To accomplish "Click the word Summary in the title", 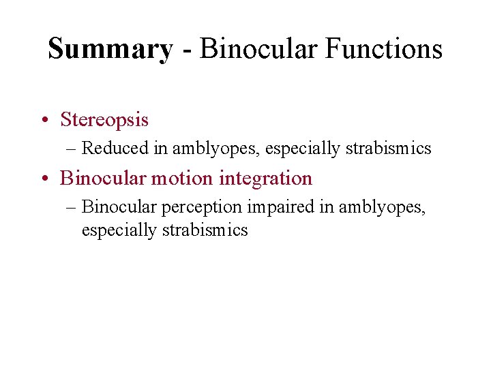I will (110, 49).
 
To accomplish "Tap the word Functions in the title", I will (390, 49).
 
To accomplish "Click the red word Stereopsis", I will (104, 120).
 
